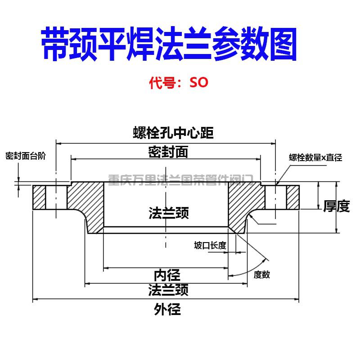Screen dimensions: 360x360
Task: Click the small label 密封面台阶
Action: pyautogui.click(x=26, y=157)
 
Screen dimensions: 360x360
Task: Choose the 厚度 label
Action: pyautogui.click(x=337, y=207)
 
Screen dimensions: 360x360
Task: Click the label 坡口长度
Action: pyautogui.click(x=210, y=245)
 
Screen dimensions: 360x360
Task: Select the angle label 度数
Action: pyautogui.click(x=262, y=274)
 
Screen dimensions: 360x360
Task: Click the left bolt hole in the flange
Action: pyautogui.click(x=56, y=197)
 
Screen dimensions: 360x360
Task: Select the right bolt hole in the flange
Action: pyautogui.click(x=275, y=197)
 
